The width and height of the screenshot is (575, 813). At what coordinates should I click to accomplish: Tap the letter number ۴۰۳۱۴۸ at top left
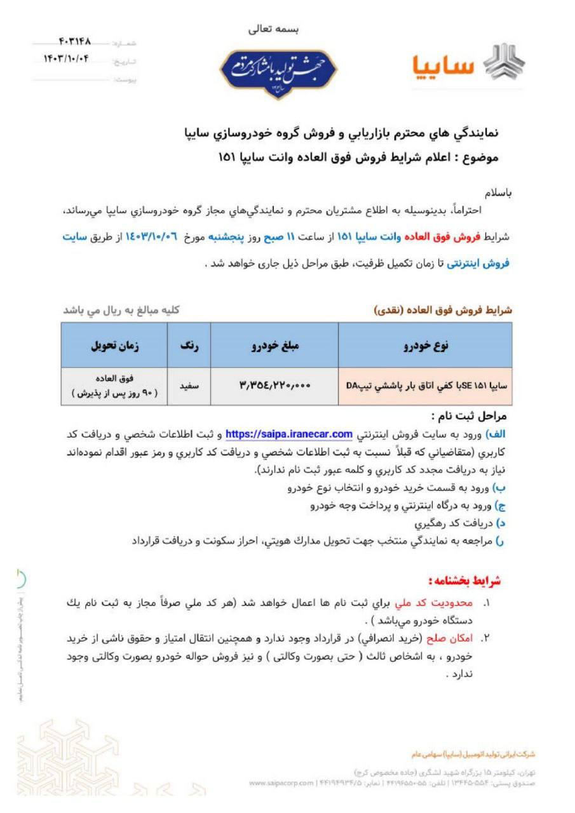(74, 42)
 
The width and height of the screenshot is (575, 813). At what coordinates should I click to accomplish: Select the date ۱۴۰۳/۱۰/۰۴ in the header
(67, 60)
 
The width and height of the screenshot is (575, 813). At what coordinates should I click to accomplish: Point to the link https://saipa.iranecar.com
(289, 434)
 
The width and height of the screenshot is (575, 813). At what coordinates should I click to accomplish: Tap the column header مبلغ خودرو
(274, 345)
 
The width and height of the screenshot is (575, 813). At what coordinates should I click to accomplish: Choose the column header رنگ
(189, 345)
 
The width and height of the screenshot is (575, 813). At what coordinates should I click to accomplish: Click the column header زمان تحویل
(114, 345)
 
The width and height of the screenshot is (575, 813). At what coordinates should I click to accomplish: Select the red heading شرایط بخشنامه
(464, 581)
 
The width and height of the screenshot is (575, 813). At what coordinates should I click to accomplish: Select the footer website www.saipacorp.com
(281, 783)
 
